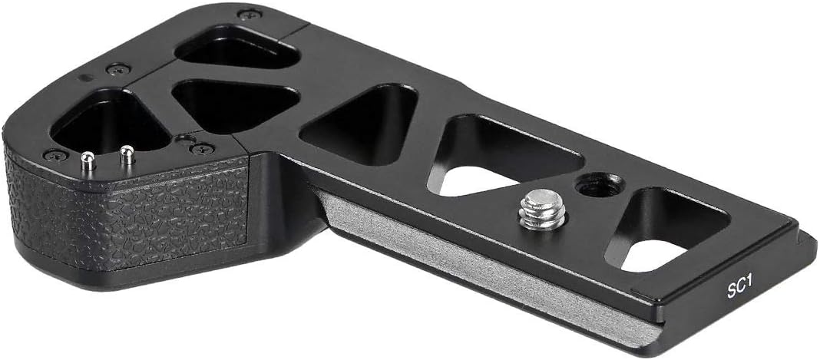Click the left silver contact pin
click(88, 160)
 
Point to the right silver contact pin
click(127, 154)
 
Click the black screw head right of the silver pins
click(203, 149)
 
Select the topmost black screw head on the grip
click(250, 14)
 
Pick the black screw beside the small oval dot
click(118, 68)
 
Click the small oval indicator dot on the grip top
click(86, 78)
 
